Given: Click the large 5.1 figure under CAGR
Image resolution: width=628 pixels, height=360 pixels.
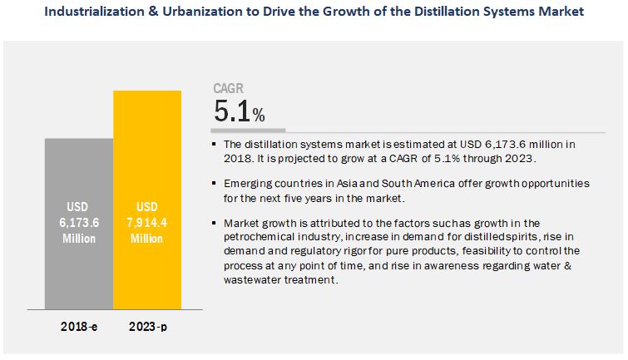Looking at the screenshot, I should pyautogui.click(x=232, y=111).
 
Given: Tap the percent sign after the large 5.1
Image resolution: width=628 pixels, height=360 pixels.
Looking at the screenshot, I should pyautogui.click(x=259, y=116).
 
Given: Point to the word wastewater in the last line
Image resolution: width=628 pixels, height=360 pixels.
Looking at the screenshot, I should pyautogui.click(x=255, y=280).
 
